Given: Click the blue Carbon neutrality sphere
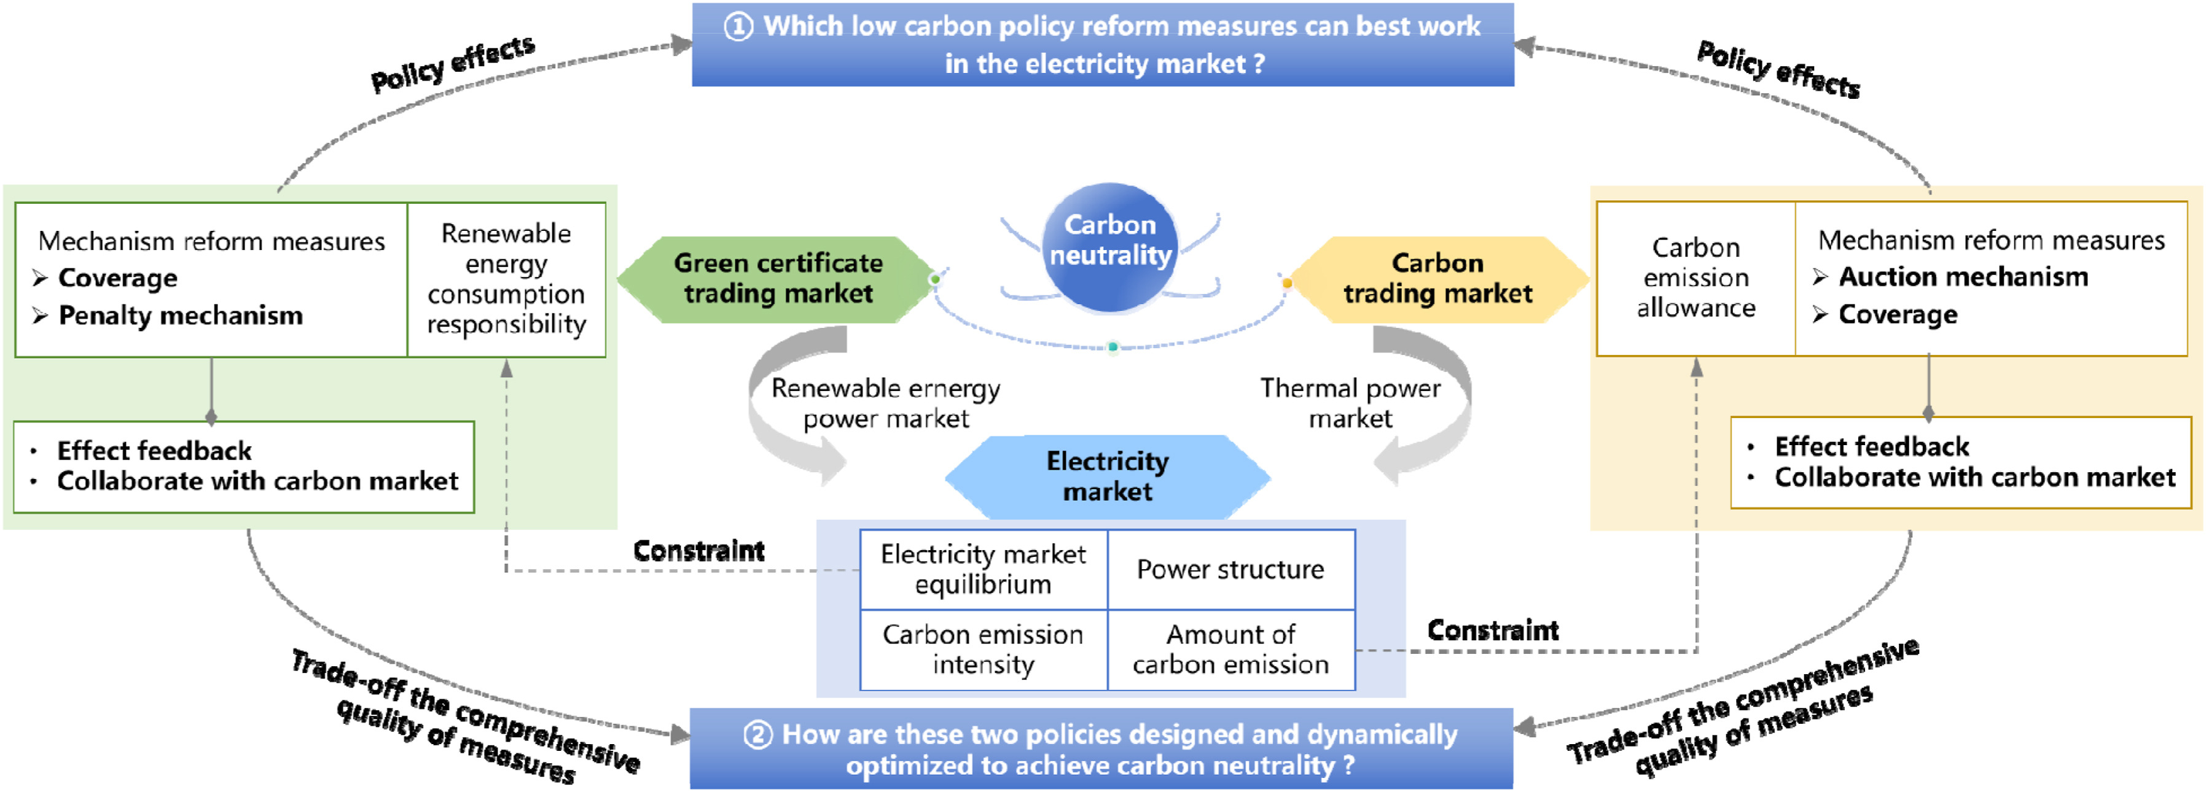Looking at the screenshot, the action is tap(1110, 247).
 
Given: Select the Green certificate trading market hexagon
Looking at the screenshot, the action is tap(776, 279).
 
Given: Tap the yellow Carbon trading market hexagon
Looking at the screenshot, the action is tap(1438, 279).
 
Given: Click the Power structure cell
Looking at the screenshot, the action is tap(1230, 569).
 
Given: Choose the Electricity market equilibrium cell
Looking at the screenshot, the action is tap(983, 569).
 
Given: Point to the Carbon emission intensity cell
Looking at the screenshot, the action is tap(983, 650).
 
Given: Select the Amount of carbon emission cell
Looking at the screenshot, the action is tap(1230, 650).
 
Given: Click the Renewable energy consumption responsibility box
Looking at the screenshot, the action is tap(506, 279).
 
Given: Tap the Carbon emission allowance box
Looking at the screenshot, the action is tap(1696, 278).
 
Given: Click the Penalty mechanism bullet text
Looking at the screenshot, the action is tap(181, 316).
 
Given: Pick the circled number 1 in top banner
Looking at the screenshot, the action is tap(738, 26).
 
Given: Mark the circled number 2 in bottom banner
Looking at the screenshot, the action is tap(757, 735).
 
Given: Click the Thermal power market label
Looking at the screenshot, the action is tap(1350, 403).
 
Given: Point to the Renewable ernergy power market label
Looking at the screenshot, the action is tap(885, 403).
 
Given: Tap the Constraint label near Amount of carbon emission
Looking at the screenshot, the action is tap(1493, 630).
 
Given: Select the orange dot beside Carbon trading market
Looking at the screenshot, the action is tap(1286, 282).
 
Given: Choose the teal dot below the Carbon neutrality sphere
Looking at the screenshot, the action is tap(1113, 347).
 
